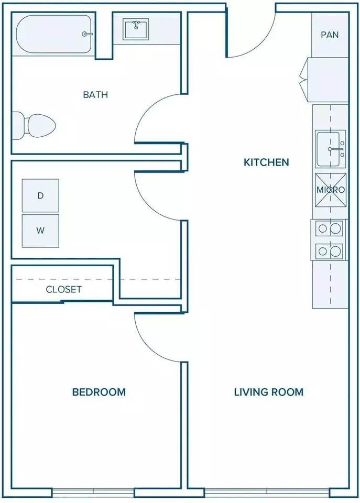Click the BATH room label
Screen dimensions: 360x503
click(95, 95)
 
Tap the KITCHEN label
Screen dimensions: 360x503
click(266, 162)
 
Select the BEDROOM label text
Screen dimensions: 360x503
click(99, 392)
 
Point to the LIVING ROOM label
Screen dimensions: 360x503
click(268, 392)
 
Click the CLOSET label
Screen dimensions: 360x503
click(63, 289)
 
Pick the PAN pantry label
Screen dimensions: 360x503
click(330, 35)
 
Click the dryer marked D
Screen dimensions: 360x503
click(40, 195)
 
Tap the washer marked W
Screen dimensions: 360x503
click(40, 231)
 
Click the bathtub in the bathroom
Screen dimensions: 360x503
click(54, 34)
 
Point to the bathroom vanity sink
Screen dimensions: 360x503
click(136, 29)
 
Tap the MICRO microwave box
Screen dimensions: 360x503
click(331, 190)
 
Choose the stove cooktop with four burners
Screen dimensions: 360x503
click(329, 239)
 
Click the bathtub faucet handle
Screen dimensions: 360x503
click(87, 34)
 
